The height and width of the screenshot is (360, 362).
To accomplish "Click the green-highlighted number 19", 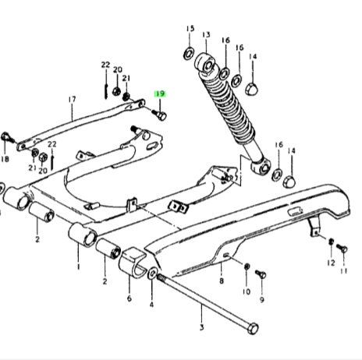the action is [160, 94].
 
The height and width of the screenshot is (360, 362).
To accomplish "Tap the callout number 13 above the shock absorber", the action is [206, 34].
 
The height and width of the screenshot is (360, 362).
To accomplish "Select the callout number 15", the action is [190, 28].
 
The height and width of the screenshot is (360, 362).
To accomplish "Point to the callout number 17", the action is [72, 100].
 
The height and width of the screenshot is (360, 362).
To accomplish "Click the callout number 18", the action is [5, 159].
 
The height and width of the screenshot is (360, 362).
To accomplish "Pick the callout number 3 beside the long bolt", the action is [202, 327].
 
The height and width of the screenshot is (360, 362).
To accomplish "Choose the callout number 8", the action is [222, 281].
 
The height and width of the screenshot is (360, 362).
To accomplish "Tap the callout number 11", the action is [344, 271].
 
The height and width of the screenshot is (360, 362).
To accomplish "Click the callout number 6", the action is [130, 298].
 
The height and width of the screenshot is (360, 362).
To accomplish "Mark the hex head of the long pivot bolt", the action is [253, 329].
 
